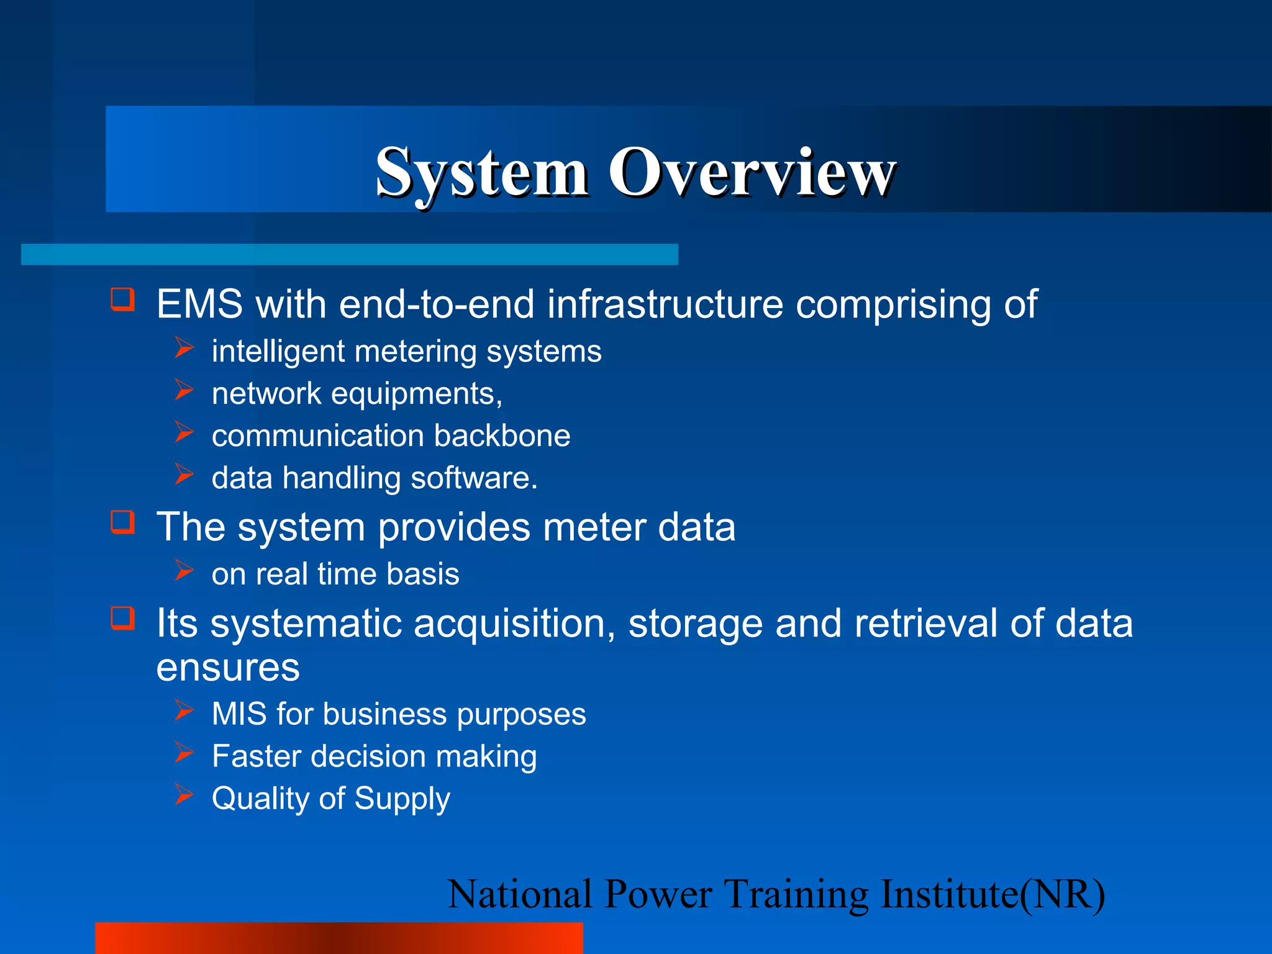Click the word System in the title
481,173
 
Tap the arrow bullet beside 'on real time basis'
184,570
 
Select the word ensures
228,668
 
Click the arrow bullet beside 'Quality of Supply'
184,794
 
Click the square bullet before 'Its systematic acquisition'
122,618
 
